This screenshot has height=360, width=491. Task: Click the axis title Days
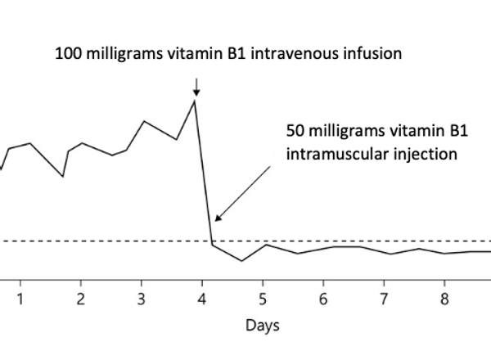click(x=262, y=325)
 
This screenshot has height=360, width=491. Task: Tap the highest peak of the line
click(x=195, y=100)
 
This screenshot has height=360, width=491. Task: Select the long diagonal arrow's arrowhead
click(x=218, y=218)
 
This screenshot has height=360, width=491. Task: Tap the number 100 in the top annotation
click(x=68, y=55)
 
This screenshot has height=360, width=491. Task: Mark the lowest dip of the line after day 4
click(x=241, y=261)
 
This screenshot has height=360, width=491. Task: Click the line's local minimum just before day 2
click(x=63, y=176)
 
